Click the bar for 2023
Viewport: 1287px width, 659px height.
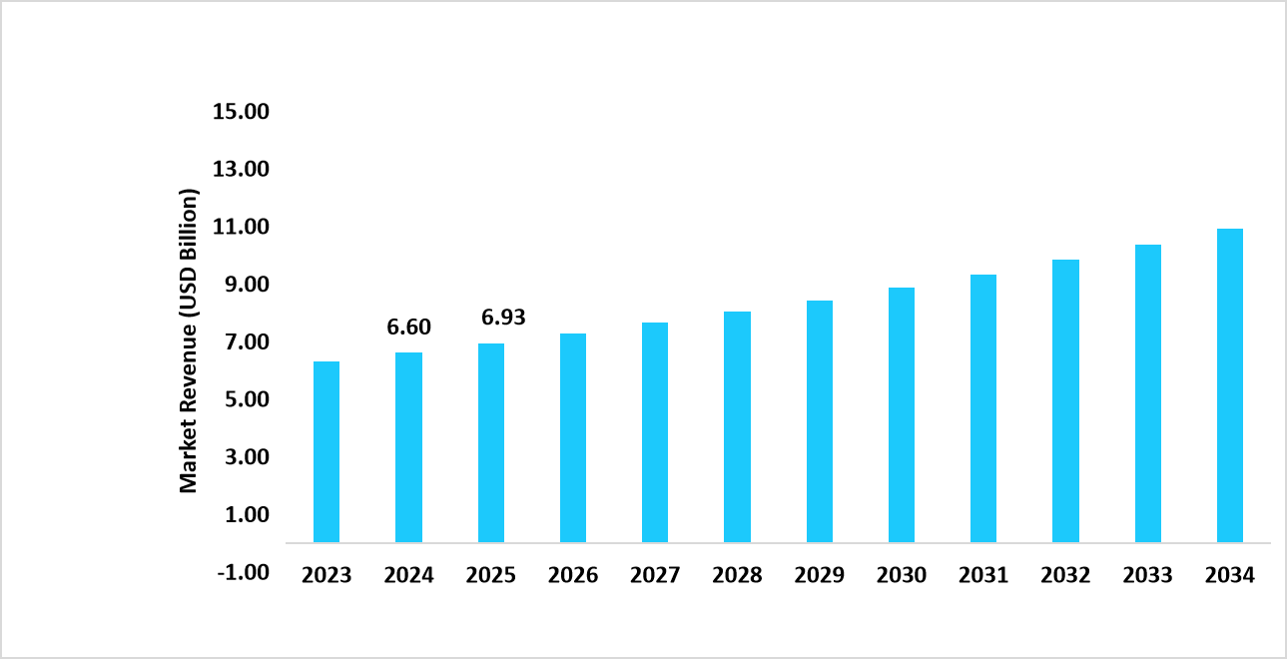pyautogui.click(x=326, y=452)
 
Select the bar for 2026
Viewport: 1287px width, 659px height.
pyautogui.click(x=573, y=438)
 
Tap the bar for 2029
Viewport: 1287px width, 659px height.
pyautogui.click(x=820, y=421)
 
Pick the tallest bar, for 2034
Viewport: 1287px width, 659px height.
pyautogui.click(x=1230, y=385)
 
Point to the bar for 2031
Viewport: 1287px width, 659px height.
pyautogui.click(x=983, y=408)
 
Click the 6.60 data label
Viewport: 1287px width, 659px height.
pyautogui.click(x=408, y=328)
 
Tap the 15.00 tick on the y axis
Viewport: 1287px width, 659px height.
pyautogui.click(x=241, y=111)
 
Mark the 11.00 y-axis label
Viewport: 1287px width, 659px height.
pyautogui.click(x=241, y=227)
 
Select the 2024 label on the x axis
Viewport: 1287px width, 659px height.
pyautogui.click(x=408, y=576)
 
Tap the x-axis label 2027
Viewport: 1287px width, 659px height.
pyautogui.click(x=655, y=576)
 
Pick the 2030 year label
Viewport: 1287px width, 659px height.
pyautogui.click(x=902, y=576)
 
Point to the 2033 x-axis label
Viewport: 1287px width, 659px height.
pyautogui.click(x=1148, y=576)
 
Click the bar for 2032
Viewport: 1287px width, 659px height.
pyautogui.click(x=1065, y=401)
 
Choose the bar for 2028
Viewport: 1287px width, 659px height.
pyautogui.click(x=737, y=427)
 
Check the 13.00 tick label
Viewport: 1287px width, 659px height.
pyautogui.click(x=241, y=169)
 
